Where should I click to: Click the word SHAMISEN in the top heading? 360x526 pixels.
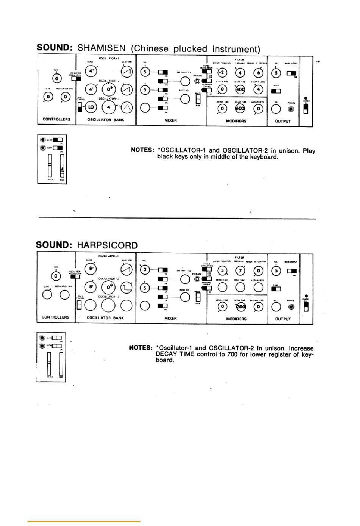point(101,48)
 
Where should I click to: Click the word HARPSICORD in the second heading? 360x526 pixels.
point(107,245)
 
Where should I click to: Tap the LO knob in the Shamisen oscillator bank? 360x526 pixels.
point(91,108)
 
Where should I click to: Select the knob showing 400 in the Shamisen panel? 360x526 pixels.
point(240,89)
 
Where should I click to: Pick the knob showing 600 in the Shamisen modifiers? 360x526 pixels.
point(240,108)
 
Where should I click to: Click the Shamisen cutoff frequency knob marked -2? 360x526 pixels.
point(222,73)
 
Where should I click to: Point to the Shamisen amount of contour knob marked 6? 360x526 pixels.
point(258,73)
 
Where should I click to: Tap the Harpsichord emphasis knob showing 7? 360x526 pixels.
point(240,270)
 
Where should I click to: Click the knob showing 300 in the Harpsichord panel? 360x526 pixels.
point(240,307)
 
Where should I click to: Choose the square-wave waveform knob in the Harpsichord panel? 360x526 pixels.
point(127,287)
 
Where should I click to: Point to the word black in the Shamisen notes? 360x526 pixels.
point(166,157)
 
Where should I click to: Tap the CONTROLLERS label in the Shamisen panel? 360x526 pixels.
point(56,119)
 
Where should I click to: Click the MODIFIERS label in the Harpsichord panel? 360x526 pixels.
point(236,319)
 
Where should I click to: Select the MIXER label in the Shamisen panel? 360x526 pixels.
point(171,121)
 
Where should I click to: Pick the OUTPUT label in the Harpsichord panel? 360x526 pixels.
point(283,319)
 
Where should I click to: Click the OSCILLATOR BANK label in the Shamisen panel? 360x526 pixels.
point(106,120)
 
